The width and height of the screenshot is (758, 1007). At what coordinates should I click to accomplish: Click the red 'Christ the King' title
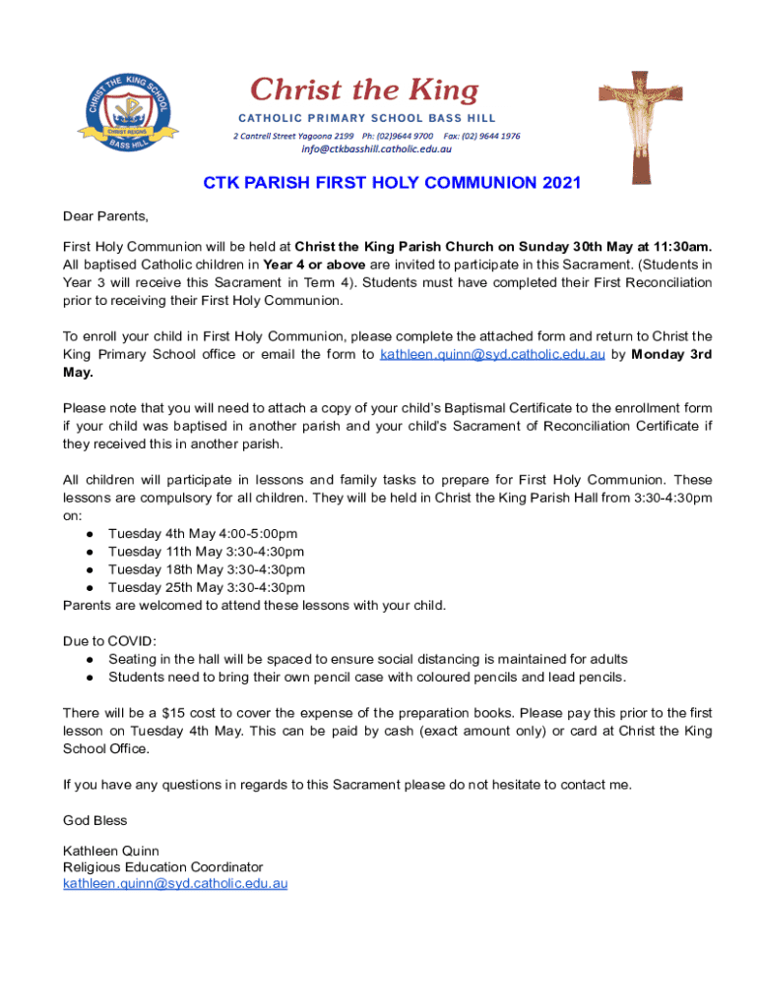coord(363,91)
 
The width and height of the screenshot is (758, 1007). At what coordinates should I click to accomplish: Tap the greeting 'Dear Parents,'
coord(105,215)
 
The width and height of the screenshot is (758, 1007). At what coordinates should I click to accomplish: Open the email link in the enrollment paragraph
coord(492,355)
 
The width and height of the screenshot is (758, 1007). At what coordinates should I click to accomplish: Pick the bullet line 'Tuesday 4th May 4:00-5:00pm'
coord(203,534)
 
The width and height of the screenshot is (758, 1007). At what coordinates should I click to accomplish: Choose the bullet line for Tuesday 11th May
coord(206,552)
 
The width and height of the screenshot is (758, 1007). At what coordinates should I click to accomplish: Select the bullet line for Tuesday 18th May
coord(206,569)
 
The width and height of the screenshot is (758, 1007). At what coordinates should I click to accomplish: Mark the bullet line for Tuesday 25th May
coord(206,587)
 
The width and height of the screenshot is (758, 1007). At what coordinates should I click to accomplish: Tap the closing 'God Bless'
coord(95,820)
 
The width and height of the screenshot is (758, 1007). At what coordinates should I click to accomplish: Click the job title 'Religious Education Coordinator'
coord(163,867)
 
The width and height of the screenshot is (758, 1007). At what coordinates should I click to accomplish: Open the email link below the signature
coord(175,884)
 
